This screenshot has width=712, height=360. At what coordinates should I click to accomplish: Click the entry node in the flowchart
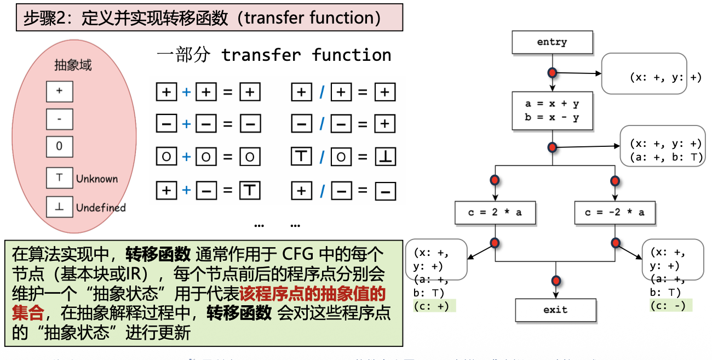552,42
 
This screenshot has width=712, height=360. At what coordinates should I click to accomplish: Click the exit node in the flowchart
555,310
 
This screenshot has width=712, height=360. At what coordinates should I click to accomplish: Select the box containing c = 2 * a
495,213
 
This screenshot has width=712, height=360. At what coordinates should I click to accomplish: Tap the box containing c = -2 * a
615,213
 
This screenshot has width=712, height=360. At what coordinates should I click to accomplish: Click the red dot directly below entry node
552,72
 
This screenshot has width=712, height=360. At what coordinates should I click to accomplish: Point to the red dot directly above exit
556,281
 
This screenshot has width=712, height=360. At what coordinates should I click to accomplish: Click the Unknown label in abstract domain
97,179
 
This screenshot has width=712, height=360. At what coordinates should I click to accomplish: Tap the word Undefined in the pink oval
101,208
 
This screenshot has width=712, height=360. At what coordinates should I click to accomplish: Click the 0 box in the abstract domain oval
59,146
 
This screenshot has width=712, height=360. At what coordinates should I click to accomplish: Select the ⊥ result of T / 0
385,158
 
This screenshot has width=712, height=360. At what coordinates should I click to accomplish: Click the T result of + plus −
250,191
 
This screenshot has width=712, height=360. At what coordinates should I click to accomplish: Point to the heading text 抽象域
73,65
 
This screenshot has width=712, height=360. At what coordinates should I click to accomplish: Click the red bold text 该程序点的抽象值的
313,294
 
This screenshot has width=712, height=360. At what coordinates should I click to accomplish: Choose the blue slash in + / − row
322,191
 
